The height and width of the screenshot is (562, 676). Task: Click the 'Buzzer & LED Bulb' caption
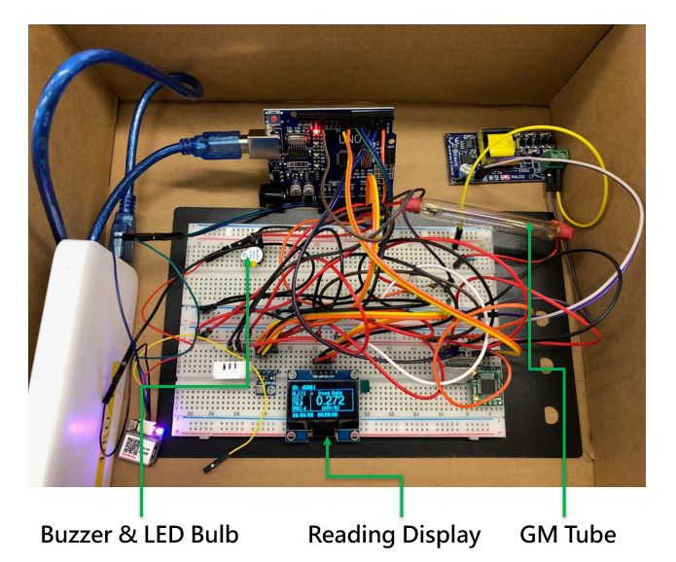[x=139, y=534]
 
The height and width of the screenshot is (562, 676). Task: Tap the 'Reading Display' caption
[x=394, y=534]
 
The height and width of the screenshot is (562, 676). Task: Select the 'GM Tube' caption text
[x=568, y=534]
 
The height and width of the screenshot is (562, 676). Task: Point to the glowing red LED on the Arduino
[x=316, y=128]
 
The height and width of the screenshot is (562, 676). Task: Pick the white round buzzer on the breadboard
[x=250, y=257]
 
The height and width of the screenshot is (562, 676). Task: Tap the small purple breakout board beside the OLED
[x=266, y=380]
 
